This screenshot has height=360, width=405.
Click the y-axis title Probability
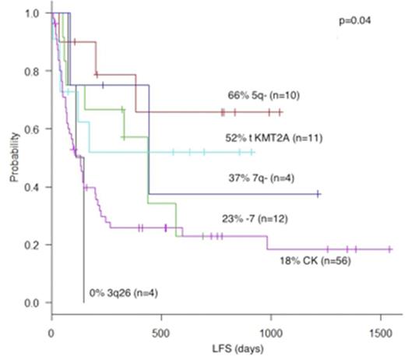point(14,159)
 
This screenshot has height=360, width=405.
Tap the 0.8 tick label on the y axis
point(33,72)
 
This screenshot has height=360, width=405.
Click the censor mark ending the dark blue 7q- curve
point(318,193)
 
